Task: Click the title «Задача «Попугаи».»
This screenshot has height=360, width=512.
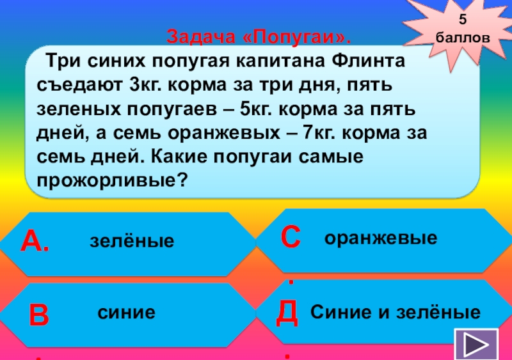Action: [x=260, y=36]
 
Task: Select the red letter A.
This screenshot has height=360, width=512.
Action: [x=35, y=241]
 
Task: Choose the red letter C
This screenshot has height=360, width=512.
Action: [x=291, y=237]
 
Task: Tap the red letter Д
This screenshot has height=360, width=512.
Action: [x=288, y=313]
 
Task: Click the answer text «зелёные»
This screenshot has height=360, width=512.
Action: [x=132, y=242]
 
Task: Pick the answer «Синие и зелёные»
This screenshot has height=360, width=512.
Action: [x=396, y=313]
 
